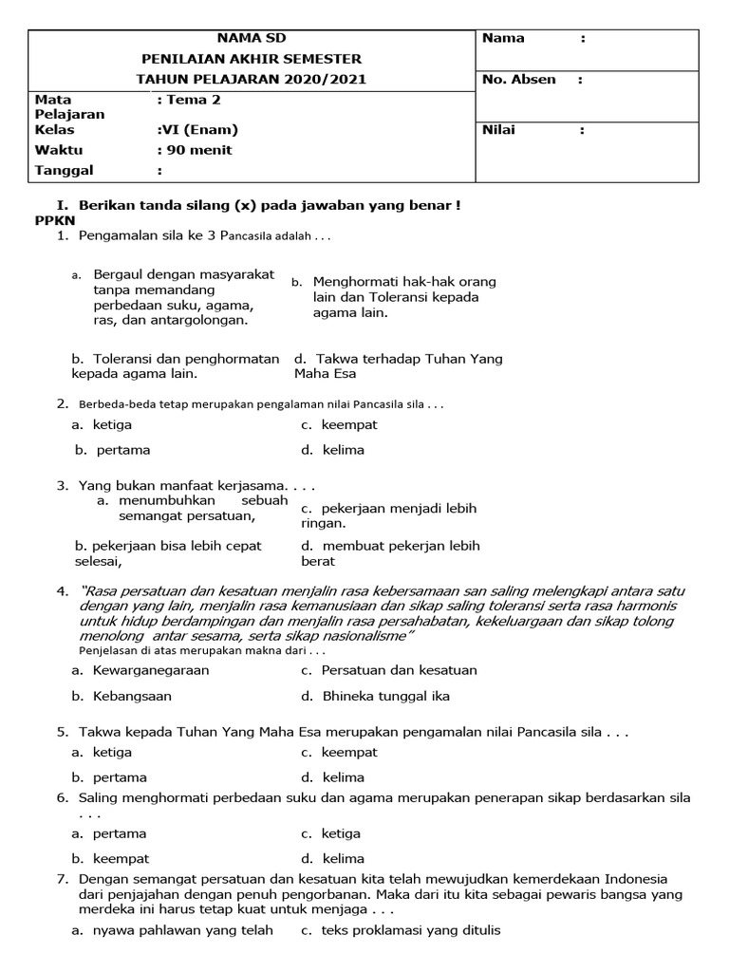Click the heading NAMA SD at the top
pos(251,38)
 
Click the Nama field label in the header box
pos(503,38)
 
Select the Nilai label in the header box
pos(498,130)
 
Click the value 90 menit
pos(197,150)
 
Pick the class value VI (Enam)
pos(199,130)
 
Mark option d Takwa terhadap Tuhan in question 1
pos(399,365)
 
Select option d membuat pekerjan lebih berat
pos(391,552)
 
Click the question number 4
pos(62,591)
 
